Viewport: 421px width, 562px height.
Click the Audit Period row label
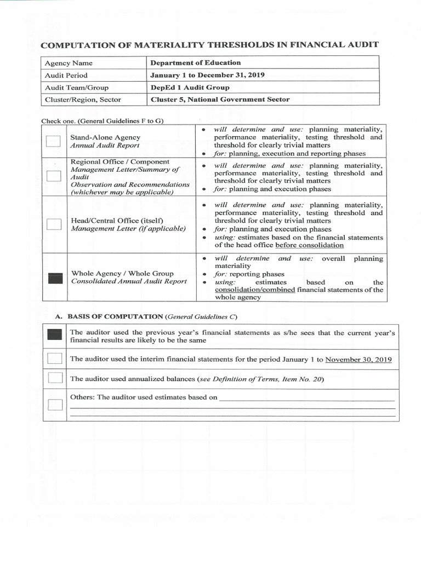click(66, 75)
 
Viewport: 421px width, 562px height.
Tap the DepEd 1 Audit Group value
click(190, 87)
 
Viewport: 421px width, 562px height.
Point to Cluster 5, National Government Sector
click(220, 99)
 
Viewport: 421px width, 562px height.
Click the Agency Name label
click(69, 63)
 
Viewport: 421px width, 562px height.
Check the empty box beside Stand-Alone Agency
click(54, 142)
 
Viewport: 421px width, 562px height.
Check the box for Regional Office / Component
click(54, 176)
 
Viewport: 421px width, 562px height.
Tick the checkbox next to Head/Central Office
click(54, 224)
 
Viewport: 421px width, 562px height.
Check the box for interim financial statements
click(55, 359)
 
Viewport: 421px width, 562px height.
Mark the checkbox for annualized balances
click(55, 378)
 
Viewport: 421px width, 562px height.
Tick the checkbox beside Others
click(55, 405)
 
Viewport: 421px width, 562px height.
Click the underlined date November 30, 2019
click(359, 359)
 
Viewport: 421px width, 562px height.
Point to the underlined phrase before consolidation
click(309, 245)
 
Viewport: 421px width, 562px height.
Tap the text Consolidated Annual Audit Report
click(129, 282)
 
